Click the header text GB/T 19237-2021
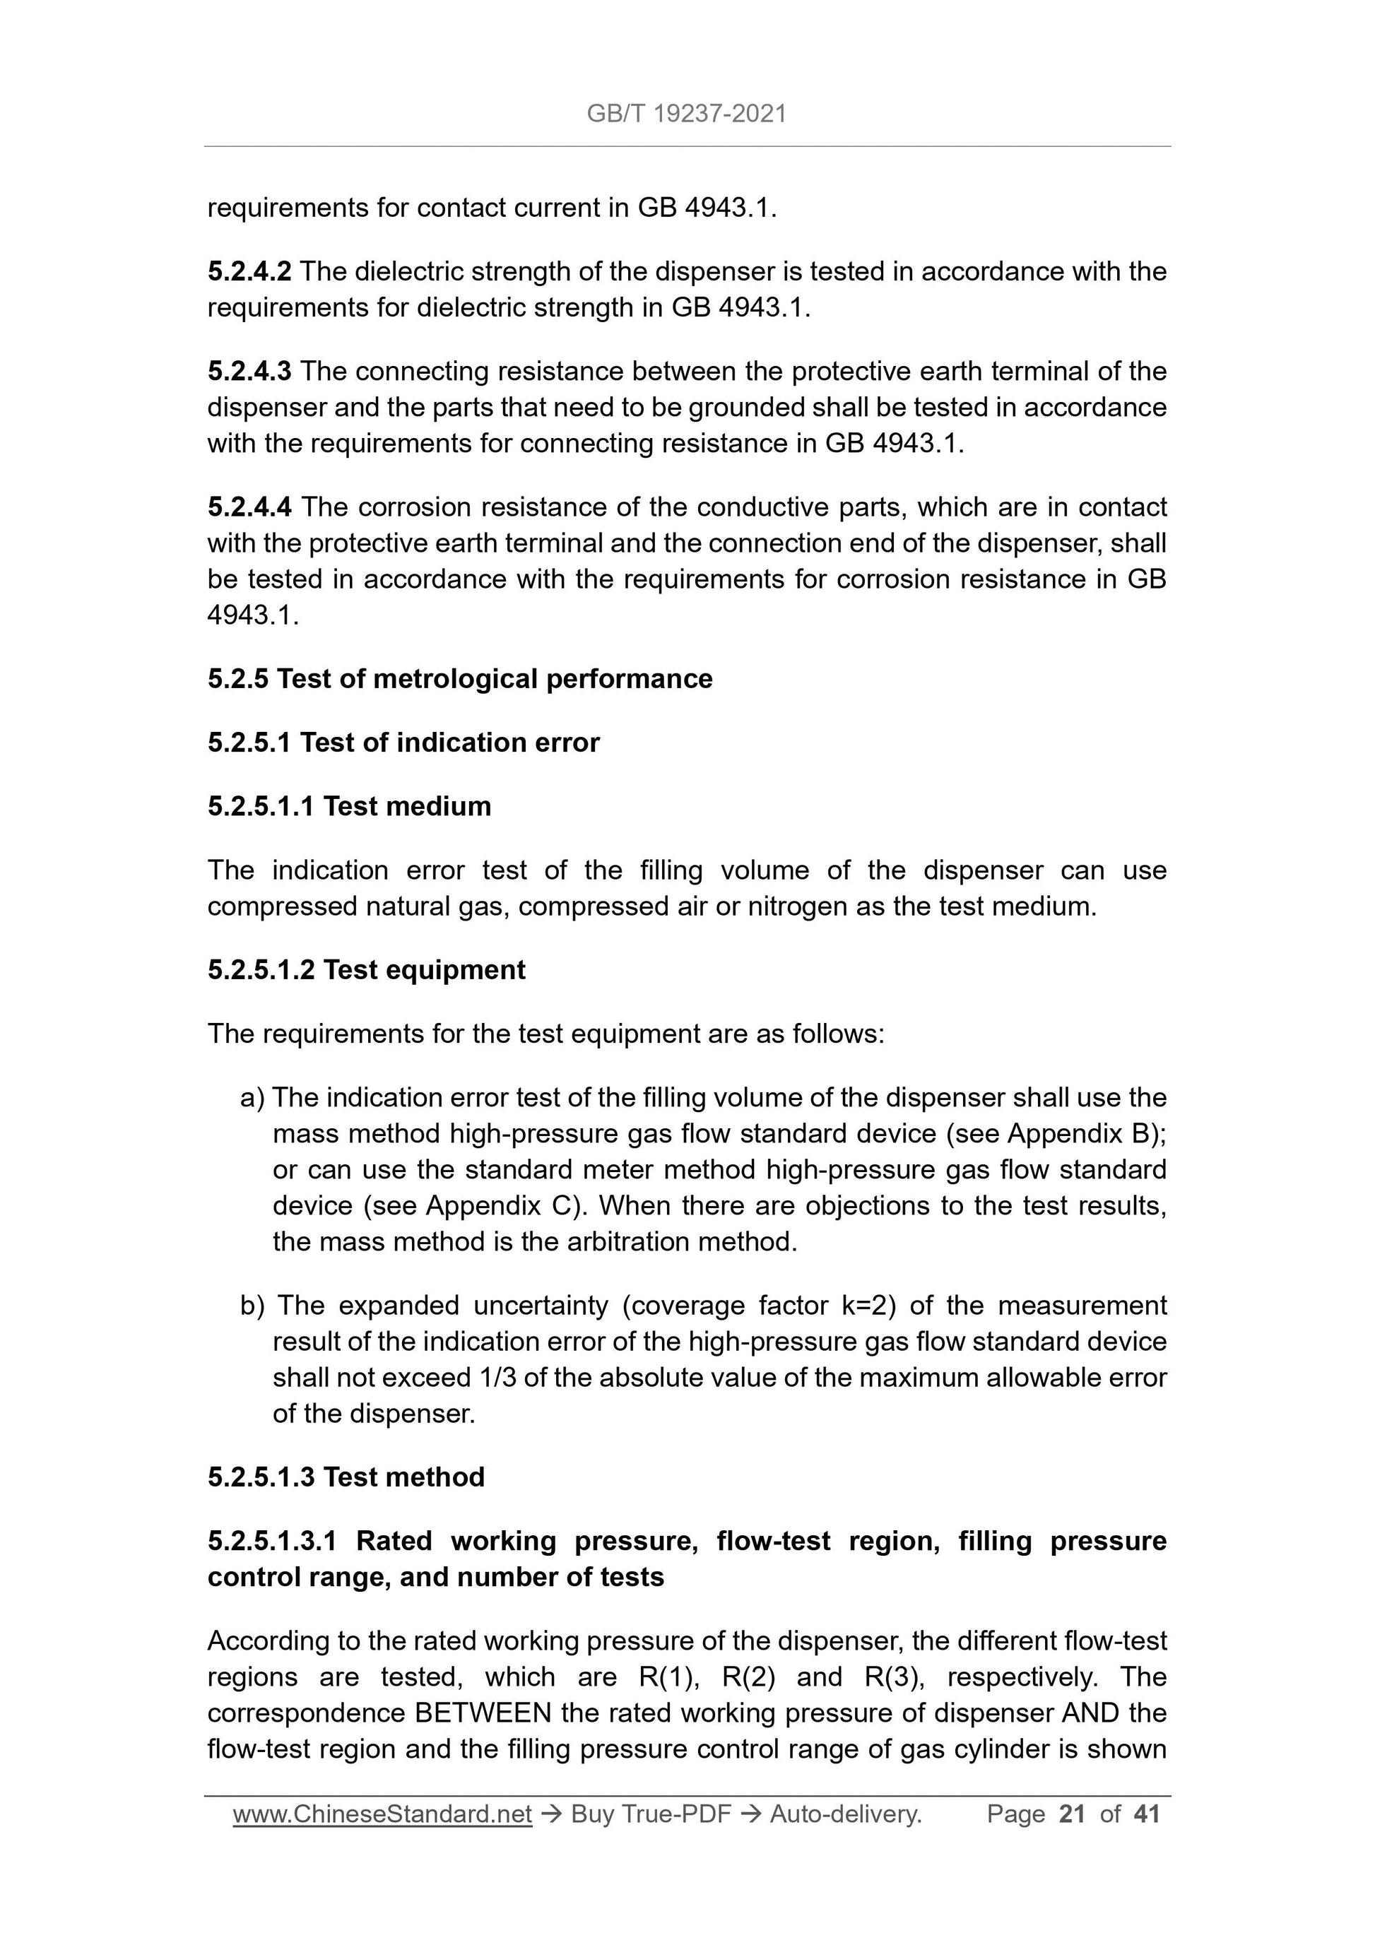coord(686,114)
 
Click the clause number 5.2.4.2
coord(249,271)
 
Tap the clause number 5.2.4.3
coord(249,371)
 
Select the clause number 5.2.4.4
coord(249,507)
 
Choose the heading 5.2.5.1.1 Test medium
coord(349,805)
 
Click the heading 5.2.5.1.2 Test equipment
coord(366,969)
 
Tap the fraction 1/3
coord(497,1378)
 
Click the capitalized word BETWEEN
coord(482,1713)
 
